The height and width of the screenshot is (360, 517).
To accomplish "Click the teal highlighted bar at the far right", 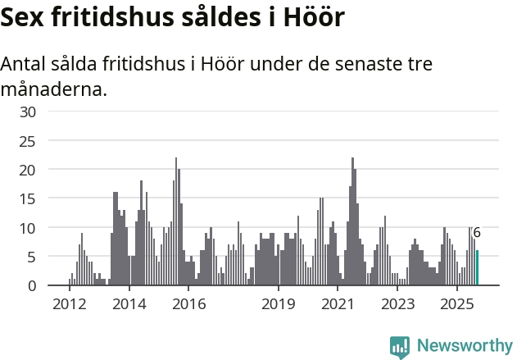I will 478,268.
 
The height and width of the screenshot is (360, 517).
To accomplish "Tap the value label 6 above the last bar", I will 477,233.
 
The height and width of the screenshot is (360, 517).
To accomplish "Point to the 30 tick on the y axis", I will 29,112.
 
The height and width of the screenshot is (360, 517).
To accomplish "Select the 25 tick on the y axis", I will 29,141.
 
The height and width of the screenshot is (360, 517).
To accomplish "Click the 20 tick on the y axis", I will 29,170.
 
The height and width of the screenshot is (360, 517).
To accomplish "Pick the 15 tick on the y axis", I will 29,198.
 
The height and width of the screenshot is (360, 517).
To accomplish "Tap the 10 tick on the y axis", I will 29,227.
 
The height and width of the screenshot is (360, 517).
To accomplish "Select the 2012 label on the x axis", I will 69,305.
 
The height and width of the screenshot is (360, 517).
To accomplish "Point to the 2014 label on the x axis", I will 129,305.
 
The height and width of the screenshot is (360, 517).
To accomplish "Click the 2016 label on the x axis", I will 188,305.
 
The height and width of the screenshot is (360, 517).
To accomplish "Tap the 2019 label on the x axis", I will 279,305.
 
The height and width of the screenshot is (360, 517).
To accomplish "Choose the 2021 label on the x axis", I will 338,305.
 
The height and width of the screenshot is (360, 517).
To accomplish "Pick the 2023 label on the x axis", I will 398,305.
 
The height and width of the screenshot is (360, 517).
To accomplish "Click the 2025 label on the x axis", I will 458,305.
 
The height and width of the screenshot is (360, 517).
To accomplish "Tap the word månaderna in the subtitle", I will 54,89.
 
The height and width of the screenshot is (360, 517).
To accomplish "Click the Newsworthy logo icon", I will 400,347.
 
